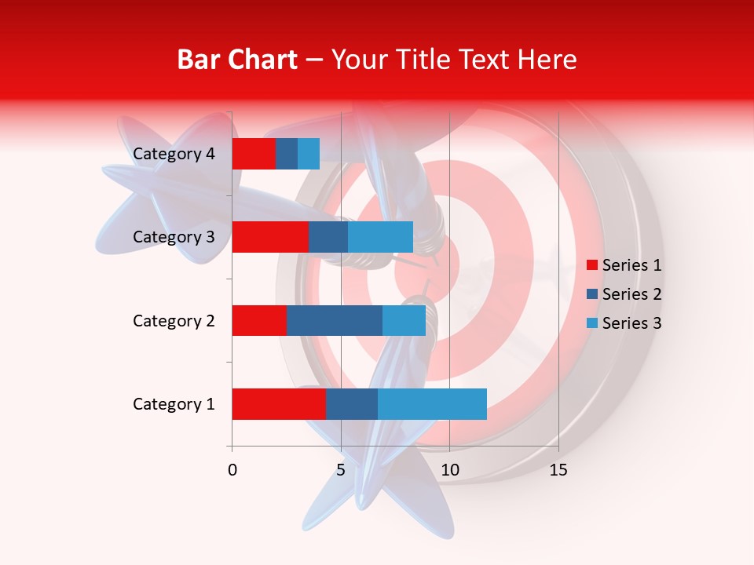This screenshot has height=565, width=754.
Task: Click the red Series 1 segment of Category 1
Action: (279, 404)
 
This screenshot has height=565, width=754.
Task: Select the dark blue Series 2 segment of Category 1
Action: (351, 404)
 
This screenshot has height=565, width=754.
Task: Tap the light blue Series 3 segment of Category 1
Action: (432, 404)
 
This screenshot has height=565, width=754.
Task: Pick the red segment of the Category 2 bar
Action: (259, 320)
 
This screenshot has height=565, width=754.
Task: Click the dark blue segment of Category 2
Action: (335, 320)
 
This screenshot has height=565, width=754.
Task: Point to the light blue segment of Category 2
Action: (404, 320)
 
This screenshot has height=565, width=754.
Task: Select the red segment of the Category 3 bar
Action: (270, 237)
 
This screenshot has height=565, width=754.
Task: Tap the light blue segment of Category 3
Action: (380, 237)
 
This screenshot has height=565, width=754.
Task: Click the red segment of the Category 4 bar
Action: (254, 154)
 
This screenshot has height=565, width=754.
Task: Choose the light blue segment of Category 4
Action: (309, 154)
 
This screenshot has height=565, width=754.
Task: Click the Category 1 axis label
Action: (174, 404)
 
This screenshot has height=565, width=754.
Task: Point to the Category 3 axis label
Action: (174, 237)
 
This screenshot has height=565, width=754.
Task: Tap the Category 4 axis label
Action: (174, 154)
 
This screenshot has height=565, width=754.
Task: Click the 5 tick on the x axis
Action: (341, 470)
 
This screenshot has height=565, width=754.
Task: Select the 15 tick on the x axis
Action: (558, 470)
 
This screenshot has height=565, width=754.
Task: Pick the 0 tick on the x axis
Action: (232, 470)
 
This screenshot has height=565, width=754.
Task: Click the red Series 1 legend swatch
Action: (591, 265)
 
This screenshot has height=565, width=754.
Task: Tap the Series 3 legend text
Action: (631, 323)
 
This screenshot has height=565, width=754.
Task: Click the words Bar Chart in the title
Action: (237, 60)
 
